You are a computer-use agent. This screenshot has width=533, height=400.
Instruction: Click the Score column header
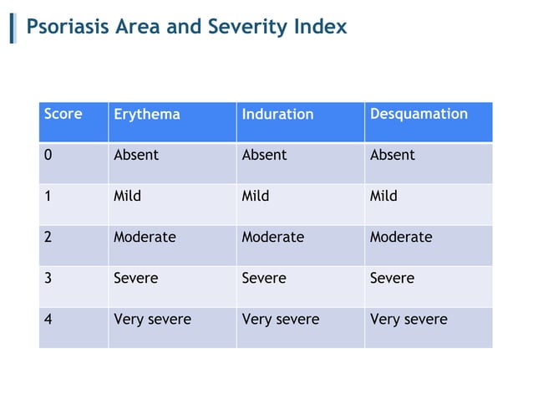[63, 114]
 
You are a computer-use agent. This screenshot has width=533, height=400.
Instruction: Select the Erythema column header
[146, 114]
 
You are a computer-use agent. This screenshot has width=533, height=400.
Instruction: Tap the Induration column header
[277, 114]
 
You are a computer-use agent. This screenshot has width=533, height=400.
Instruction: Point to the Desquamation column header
[419, 114]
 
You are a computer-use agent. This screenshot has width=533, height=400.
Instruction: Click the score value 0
[48, 155]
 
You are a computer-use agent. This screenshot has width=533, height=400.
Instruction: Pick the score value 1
[48, 196]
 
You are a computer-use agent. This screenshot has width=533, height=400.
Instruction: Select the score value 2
[48, 237]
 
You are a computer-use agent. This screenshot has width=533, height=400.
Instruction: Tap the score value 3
[48, 278]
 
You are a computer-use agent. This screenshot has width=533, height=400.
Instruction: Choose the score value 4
[48, 319]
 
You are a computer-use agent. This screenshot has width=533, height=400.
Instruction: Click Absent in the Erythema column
[135, 155]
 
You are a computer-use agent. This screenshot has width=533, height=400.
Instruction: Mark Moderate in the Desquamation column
[401, 237]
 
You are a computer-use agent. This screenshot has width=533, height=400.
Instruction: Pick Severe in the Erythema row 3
[135, 278]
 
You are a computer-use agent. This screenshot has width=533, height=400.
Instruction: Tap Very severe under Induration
[280, 319]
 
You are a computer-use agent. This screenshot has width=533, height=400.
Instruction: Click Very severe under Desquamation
[409, 319]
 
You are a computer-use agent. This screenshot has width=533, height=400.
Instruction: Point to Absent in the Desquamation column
[392, 155]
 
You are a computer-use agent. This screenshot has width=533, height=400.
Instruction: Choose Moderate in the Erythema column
[145, 237]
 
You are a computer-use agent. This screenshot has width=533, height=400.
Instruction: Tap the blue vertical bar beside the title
[13, 28]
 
